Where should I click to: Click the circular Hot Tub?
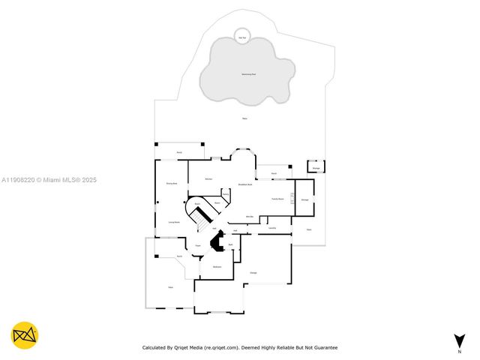(241, 37)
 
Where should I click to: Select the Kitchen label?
(208, 178)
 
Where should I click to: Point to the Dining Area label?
(171, 183)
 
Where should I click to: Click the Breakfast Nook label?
(244, 184)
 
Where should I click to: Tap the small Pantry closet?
(224, 193)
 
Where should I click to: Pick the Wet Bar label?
(250, 217)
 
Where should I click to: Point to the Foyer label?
(198, 245)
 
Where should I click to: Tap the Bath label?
(231, 245)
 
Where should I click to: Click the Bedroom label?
(217, 267)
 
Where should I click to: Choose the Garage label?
(253, 272)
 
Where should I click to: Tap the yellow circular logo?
(25, 335)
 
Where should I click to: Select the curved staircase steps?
(200, 217)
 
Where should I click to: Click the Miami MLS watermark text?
(49, 180)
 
